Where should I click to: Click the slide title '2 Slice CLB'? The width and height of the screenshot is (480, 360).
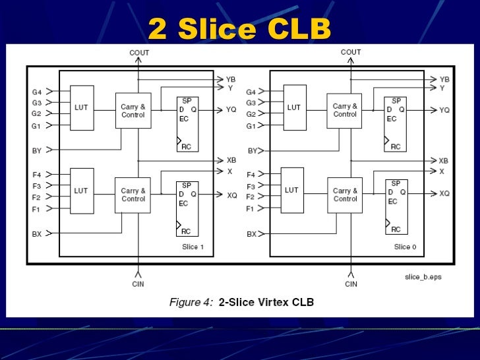pyautogui.click(x=239, y=28)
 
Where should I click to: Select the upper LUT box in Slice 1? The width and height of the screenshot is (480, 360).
pyautogui.click(x=82, y=107)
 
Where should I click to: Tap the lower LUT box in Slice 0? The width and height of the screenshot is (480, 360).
pyautogui.click(x=292, y=190)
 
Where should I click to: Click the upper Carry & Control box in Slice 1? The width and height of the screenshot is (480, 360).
pyautogui.click(x=133, y=111)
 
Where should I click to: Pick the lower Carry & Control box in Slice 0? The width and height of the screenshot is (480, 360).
pyautogui.click(x=345, y=195)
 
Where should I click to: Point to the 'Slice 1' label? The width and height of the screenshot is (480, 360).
pyautogui.click(x=192, y=247)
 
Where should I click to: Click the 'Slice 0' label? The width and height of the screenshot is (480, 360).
pyautogui.click(x=405, y=247)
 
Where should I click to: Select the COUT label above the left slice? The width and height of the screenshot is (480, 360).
pyautogui.click(x=139, y=53)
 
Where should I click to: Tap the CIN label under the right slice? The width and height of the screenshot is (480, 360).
pyautogui.click(x=351, y=284)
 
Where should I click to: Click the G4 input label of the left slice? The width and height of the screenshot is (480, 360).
pyautogui.click(x=37, y=92)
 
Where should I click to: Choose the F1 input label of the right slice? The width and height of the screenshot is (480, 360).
pyautogui.click(x=251, y=208)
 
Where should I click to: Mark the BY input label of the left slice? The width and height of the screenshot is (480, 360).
pyautogui.click(x=37, y=151)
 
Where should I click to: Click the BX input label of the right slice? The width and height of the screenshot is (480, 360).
pyautogui.click(x=251, y=234)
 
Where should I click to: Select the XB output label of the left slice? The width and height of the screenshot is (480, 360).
pyautogui.click(x=231, y=160)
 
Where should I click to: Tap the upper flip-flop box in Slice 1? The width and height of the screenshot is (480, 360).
pyautogui.click(x=187, y=124)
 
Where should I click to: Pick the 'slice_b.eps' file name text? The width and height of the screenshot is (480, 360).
pyautogui.click(x=423, y=277)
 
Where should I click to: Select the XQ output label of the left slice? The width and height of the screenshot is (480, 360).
pyautogui.click(x=232, y=195)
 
